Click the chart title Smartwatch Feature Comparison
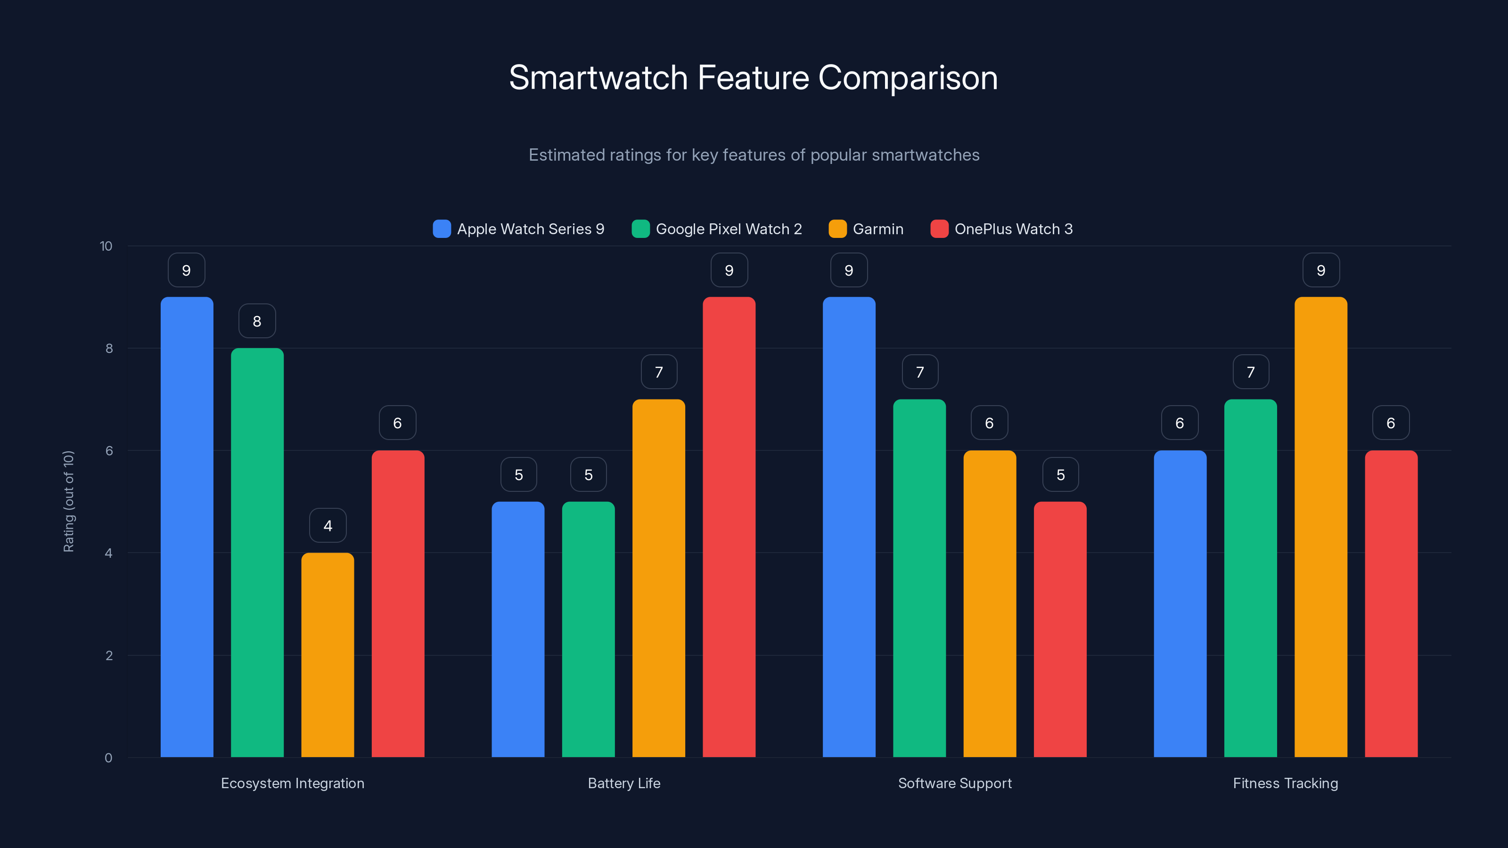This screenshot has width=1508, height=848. [754, 78]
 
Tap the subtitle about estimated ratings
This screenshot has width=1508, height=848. [754, 155]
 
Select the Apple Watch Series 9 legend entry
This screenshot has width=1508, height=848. [519, 229]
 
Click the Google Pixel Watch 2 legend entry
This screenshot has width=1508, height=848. [717, 229]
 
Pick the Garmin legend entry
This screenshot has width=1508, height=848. [867, 229]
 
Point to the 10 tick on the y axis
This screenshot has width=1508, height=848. [106, 246]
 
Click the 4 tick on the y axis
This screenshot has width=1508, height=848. [108, 553]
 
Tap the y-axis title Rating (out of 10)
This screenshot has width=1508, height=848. [68, 502]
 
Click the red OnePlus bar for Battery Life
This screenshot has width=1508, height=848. [729, 527]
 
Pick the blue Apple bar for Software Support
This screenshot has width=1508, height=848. [849, 527]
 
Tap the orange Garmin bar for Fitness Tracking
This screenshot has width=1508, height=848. [1320, 527]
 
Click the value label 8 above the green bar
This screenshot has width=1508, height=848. [257, 321]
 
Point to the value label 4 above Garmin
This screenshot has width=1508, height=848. [328, 526]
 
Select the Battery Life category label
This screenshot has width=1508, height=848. [624, 783]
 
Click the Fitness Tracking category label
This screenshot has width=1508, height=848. [1286, 783]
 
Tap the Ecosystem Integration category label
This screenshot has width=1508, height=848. [292, 783]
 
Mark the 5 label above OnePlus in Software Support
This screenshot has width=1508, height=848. [1060, 474]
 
